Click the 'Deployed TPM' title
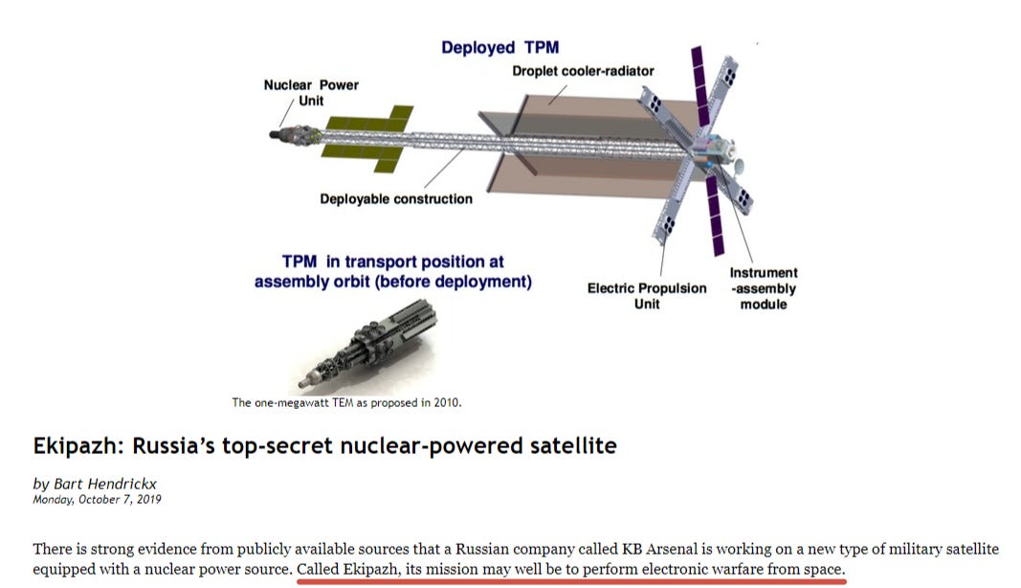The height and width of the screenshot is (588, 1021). (x=499, y=48)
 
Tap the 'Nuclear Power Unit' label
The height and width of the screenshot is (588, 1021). (x=311, y=92)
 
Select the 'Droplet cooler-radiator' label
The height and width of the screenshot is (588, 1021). (x=583, y=71)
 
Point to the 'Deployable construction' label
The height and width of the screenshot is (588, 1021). (x=396, y=199)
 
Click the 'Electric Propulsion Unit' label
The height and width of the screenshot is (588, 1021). (x=647, y=295)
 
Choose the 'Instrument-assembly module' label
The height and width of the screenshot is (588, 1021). (x=764, y=288)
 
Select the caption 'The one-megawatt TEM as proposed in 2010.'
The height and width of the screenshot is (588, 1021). (x=346, y=402)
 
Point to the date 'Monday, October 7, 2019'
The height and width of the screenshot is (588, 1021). (x=98, y=499)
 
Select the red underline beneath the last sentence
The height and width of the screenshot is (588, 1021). (x=571, y=580)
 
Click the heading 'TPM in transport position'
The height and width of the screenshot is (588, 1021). (x=392, y=261)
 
